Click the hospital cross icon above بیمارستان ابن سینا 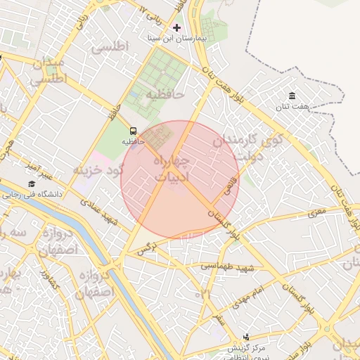click(176, 27)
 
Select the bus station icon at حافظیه click(133, 130)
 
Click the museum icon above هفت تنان click(292, 96)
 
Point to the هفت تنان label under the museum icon click(292, 106)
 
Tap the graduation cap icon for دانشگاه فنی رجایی click(31, 184)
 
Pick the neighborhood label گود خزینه click(98, 169)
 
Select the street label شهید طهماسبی click(226, 267)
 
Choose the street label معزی click(317, 211)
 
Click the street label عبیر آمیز click(37, 169)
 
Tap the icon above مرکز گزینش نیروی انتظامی click(246, 337)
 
